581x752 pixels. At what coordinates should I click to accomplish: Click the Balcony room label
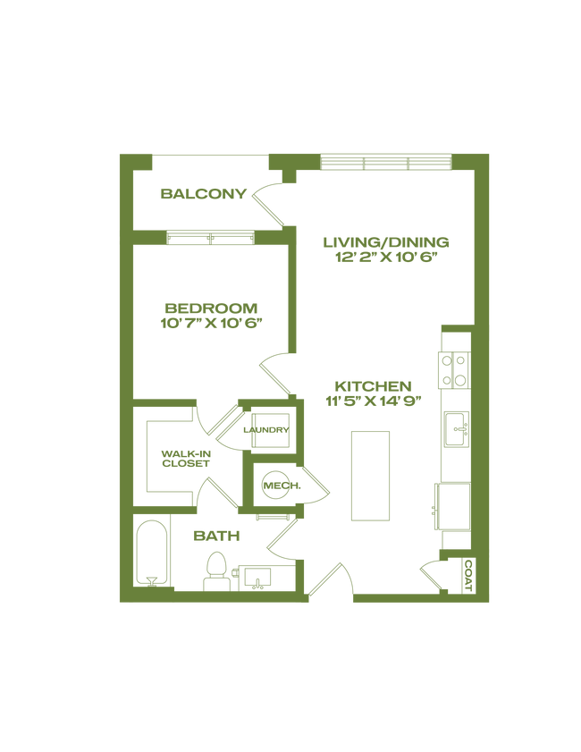pos(203,193)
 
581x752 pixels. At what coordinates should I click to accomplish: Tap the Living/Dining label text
pos(386,242)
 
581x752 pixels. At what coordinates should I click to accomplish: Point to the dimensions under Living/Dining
pos(386,258)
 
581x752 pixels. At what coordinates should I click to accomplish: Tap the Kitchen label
pos(375,386)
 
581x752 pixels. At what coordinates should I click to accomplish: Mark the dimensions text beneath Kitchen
pos(375,402)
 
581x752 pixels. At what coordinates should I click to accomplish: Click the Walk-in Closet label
pos(185,458)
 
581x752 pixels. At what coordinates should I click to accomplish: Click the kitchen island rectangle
pos(369,475)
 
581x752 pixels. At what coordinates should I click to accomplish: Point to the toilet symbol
pos(215,568)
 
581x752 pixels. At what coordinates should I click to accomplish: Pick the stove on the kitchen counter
pos(454,368)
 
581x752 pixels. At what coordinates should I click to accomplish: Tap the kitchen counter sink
pos(457,430)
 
